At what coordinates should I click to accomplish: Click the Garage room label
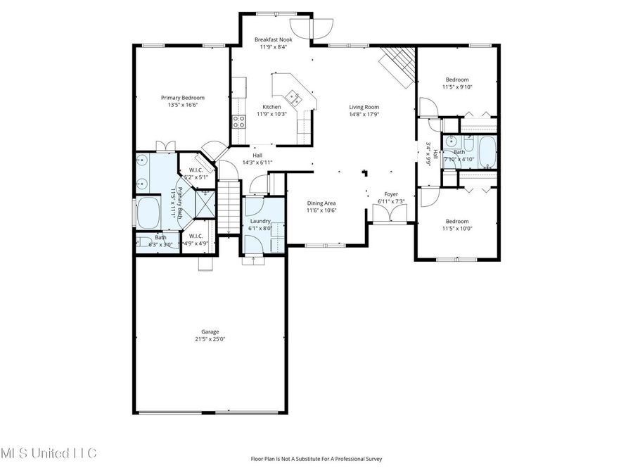point(210,331)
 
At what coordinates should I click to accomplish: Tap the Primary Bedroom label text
point(182,98)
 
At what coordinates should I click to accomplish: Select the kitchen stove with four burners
point(239,124)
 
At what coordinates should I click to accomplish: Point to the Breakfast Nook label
point(274,40)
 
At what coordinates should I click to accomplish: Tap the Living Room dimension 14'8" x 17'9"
point(364,115)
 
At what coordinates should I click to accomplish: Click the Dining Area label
point(321,203)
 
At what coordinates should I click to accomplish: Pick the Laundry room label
point(260,221)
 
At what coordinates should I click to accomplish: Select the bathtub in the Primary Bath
point(149,213)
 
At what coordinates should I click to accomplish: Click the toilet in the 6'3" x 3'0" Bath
point(146,243)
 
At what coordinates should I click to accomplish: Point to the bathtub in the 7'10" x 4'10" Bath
point(487,152)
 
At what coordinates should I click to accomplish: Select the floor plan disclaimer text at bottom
point(316,459)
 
